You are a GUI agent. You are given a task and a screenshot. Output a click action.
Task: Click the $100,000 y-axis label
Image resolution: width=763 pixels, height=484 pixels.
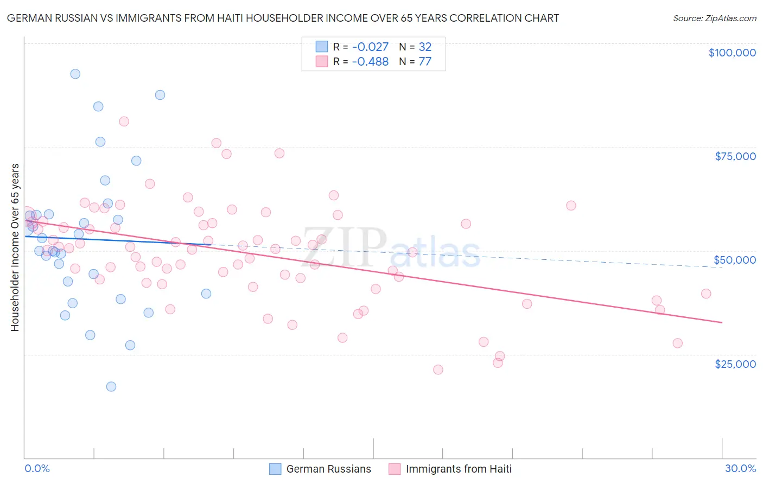pos(732,53)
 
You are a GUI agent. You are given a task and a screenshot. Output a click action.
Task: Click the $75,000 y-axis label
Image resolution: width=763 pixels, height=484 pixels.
pos(735,156)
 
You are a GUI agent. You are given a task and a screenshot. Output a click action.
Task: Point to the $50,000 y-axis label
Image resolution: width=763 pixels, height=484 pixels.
pos(735,260)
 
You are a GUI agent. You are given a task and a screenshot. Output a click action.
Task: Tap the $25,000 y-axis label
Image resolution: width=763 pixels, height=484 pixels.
pos(735,364)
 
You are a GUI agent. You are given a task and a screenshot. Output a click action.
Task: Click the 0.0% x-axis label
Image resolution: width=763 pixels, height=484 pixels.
pos(37,468)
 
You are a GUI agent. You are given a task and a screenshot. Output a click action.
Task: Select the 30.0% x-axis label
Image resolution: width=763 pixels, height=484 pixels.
pos(740,468)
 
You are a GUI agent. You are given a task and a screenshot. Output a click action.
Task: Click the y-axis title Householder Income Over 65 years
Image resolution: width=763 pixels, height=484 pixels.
pos(15,247)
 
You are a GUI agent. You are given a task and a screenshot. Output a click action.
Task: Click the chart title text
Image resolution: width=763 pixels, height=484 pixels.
pos(283,18)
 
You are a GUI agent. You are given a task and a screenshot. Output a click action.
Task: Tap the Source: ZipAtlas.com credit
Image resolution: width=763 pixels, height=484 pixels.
pos(714,18)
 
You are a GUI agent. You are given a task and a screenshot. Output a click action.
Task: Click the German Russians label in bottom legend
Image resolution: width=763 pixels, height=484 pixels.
pos(328,469)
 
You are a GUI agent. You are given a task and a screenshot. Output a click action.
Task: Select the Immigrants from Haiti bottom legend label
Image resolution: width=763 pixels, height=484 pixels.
pos(459,469)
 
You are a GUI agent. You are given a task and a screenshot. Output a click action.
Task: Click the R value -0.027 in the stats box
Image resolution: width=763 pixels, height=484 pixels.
pos(370,47)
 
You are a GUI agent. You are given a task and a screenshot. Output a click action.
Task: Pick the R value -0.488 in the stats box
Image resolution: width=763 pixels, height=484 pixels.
pos(370,62)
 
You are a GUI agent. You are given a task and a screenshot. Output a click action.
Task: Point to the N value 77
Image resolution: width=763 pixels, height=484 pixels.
pos(425,62)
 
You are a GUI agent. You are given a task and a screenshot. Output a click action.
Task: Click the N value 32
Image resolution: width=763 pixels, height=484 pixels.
pos(425,47)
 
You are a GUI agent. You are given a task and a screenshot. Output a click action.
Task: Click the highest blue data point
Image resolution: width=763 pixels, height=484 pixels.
pos(75,74)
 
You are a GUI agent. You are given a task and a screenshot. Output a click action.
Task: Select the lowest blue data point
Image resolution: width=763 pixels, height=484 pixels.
pos(111,386)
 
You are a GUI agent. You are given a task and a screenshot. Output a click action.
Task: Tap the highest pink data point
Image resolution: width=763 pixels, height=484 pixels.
pos(124,122)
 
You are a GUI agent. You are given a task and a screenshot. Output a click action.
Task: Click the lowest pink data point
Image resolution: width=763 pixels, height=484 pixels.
pos(438,370)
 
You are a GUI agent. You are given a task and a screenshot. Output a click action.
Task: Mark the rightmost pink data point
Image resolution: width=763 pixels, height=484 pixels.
pos(706,294)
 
